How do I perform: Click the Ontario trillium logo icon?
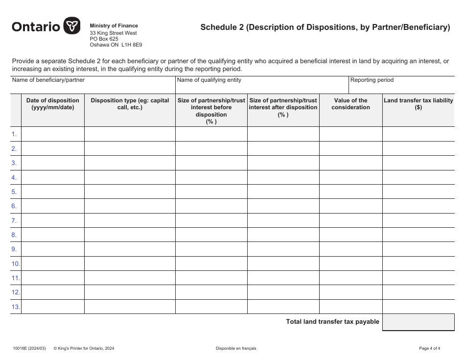click(72, 26)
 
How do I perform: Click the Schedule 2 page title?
click(325, 27)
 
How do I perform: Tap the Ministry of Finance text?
click(114, 25)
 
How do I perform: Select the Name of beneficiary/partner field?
click(93, 87)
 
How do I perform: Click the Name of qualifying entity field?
click(261, 87)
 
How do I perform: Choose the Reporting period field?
click(401, 87)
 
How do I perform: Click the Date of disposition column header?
click(53, 104)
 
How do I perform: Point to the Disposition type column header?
click(130, 104)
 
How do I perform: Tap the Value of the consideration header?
click(350, 104)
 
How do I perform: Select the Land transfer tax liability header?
click(418, 104)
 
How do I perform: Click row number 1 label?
click(14, 134)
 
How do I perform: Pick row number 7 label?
click(14, 221)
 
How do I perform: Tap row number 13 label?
click(16, 307)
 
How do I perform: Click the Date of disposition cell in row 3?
click(53, 163)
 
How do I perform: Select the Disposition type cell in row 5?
click(130, 192)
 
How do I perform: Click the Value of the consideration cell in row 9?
click(350, 249)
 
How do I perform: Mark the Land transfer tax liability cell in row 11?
click(418, 278)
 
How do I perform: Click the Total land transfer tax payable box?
click(418, 322)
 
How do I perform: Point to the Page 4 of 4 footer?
click(429, 349)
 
